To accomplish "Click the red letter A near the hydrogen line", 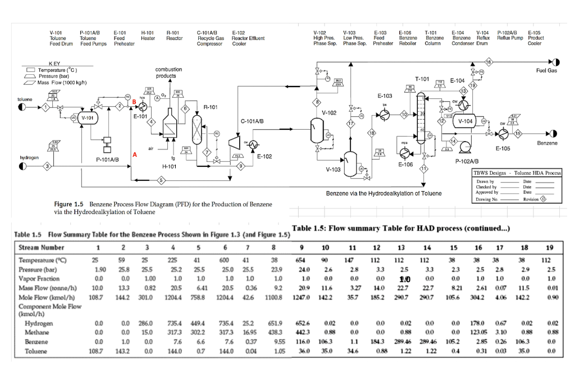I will point(134,153).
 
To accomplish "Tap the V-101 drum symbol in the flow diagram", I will point(87,119).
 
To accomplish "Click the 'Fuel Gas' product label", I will point(546,71).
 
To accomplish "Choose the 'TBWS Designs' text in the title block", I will point(491,174).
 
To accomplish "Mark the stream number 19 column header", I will point(549,247).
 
